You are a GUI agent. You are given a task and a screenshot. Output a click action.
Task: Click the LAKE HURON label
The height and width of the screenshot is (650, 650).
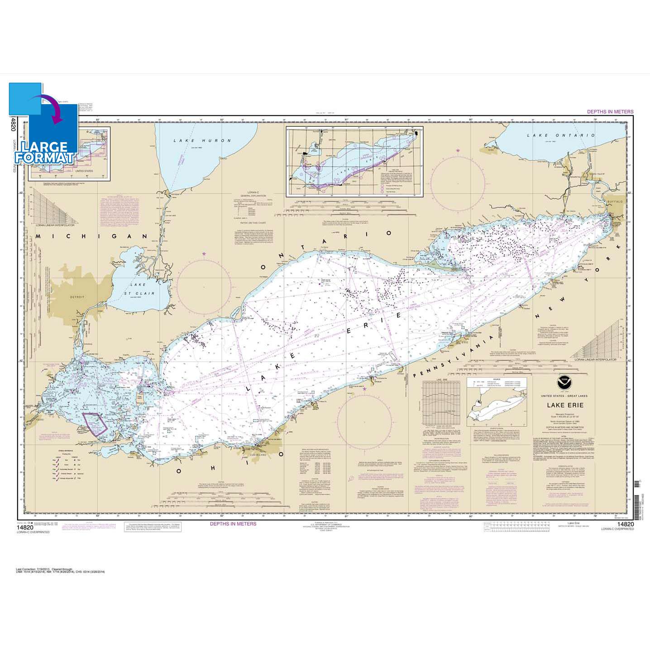(x=202, y=141)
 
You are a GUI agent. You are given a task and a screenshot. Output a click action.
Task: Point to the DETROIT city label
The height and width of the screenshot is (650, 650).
(x=77, y=297)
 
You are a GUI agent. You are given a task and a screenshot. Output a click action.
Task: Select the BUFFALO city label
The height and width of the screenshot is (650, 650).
(x=615, y=201)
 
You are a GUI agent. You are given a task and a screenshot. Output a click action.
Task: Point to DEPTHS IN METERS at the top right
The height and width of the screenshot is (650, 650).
(x=610, y=111)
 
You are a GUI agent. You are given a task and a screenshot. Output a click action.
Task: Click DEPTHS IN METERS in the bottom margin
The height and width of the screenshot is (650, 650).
(x=233, y=524)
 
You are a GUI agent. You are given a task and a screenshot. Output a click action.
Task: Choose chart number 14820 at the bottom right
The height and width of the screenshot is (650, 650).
(x=625, y=525)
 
